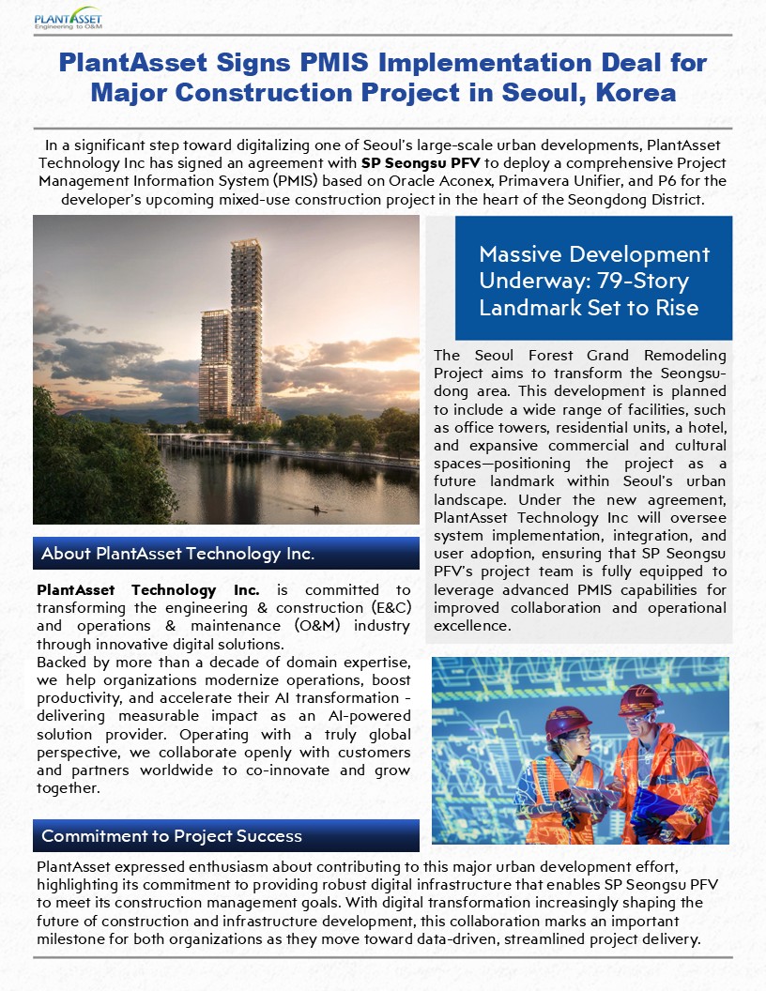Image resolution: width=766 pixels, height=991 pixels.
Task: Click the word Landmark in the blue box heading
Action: (x=526, y=308)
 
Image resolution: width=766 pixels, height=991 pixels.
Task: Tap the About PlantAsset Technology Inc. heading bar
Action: (x=225, y=554)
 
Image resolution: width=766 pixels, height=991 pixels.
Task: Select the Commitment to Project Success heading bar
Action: (x=225, y=835)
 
